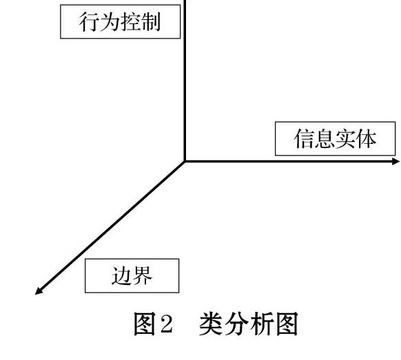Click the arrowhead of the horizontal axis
396,162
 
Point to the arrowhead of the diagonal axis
39,291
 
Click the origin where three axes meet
185,162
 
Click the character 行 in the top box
89,22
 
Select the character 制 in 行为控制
151,22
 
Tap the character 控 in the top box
130,22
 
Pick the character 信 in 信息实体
305,139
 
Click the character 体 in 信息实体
367,139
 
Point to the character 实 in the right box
345,139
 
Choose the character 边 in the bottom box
122,276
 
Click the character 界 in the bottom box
143,276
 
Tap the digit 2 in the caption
166,324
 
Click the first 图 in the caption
145,324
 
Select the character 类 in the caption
211,324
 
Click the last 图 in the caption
287,324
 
